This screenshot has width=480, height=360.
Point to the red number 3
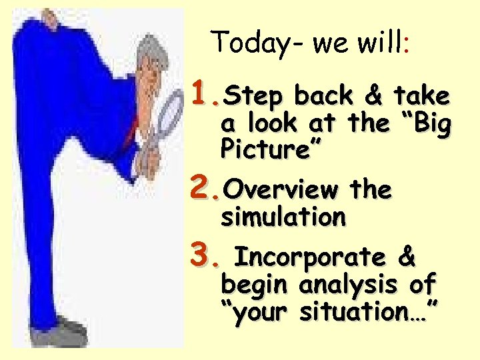tap(202, 254)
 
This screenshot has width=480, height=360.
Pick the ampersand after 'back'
tap(373, 96)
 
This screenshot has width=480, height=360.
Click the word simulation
tap(283, 217)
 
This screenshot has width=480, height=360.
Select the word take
tap(421, 96)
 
